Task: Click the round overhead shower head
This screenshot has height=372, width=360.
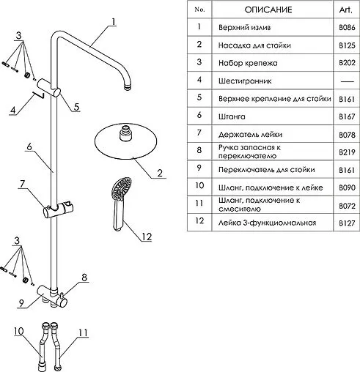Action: coord(125,141)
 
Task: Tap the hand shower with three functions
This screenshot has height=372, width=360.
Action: coord(120,204)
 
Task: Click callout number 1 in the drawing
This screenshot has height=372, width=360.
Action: coord(113,22)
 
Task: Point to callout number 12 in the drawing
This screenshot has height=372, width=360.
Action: coord(147,237)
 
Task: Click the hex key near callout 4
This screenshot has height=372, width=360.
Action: coord(38,94)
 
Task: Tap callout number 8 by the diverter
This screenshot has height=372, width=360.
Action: coord(84,278)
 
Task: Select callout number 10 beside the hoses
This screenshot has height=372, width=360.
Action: coord(19,331)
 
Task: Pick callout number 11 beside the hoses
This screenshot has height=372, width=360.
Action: coord(83,332)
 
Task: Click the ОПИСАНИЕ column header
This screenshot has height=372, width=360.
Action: coord(268,10)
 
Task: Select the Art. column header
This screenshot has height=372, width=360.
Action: coord(346,10)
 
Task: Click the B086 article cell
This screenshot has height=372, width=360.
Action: coord(347,27)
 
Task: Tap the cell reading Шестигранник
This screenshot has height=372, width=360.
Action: coord(245,81)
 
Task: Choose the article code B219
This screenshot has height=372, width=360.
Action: coord(347,152)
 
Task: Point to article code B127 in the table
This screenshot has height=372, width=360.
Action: coord(347,223)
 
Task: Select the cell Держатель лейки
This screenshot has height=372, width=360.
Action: coord(250,135)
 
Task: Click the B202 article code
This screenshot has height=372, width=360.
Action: coord(347,63)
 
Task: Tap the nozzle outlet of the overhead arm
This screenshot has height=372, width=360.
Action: coord(128,87)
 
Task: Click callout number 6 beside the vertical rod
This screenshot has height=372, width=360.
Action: coord(29,146)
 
